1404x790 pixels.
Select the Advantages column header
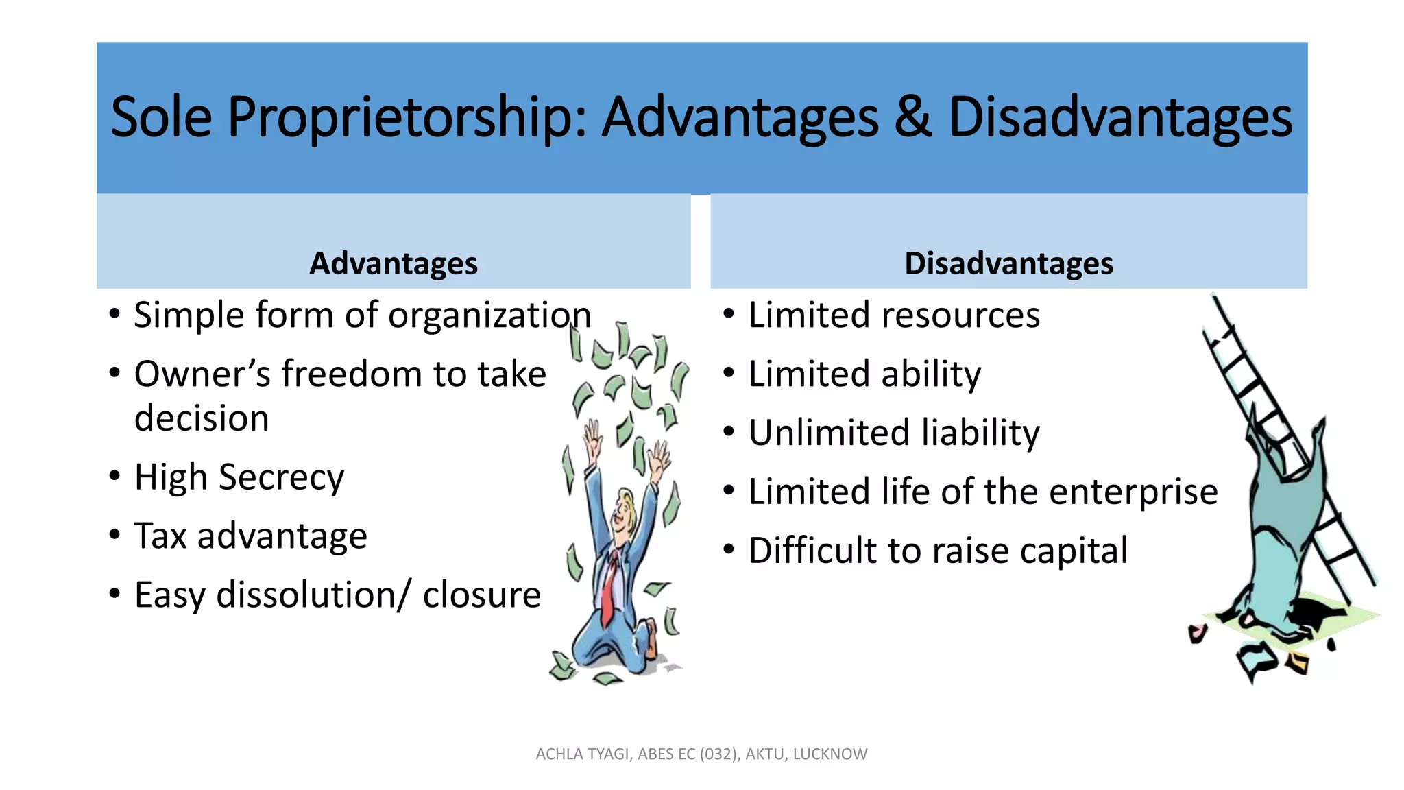click(x=393, y=263)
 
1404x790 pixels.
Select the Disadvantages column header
click(x=1008, y=263)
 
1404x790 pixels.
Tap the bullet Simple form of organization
click(x=362, y=315)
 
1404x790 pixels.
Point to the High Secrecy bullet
click(x=239, y=477)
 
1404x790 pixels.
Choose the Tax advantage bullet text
click(x=250, y=536)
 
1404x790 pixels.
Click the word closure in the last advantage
click(x=481, y=595)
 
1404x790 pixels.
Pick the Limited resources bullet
click(x=893, y=315)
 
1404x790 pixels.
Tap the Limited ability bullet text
click(x=864, y=374)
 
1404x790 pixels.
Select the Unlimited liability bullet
click(x=893, y=433)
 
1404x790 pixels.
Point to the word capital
click(x=1073, y=551)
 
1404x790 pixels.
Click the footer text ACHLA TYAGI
click(x=583, y=754)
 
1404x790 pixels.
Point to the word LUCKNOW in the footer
click(x=830, y=754)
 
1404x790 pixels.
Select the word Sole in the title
click(x=161, y=118)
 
